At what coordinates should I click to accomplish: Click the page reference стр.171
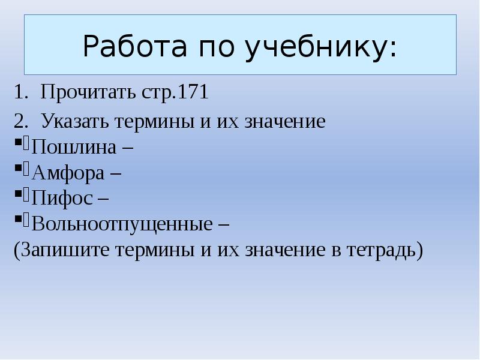coord(175,93)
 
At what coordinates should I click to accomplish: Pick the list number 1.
coord(22,93)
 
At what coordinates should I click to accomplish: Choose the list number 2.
coord(22,122)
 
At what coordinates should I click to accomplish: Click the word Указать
coord(71,122)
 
